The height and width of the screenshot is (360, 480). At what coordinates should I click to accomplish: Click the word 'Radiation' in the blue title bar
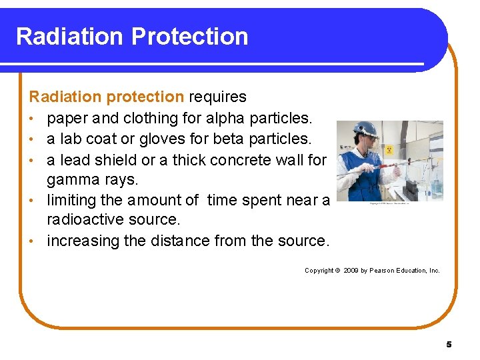coord(70,36)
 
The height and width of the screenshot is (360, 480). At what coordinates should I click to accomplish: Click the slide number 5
coord(449,345)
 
